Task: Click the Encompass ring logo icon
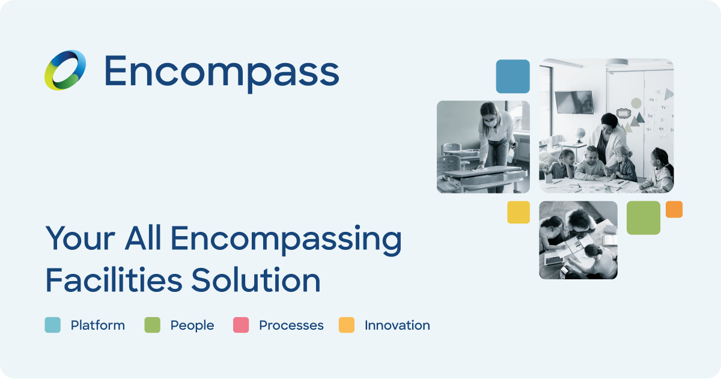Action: [x=65, y=70]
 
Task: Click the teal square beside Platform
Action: [x=53, y=325]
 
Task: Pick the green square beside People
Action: [x=153, y=325]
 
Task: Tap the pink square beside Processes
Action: [x=241, y=325]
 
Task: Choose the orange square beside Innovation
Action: [x=347, y=325]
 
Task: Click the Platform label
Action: [x=98, y=325]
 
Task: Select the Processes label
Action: [x=291, y=325]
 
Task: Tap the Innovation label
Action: [x=397, y=325]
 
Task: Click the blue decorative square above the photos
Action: [x=513, y=76]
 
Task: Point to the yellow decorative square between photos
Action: [x=519, y=212]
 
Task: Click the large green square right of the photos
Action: [x=643, y=217]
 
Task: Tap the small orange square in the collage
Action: [x=674, y=209]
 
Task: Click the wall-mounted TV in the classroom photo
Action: [x=574, y=102]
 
